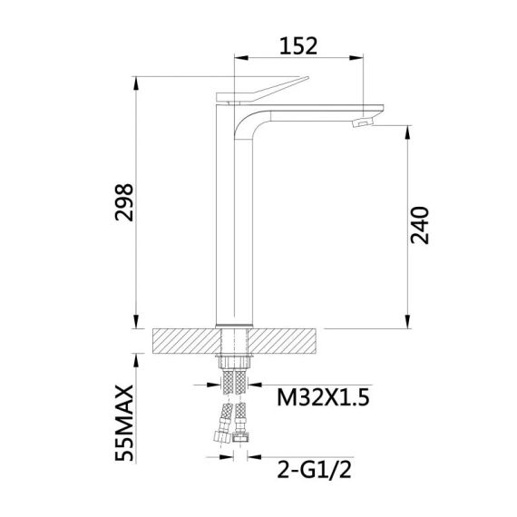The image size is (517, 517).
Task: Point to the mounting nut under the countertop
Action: pyautogui.click(x=235, y=361)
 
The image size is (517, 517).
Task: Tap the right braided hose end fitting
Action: pyautogui.click(x=244, y=439)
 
